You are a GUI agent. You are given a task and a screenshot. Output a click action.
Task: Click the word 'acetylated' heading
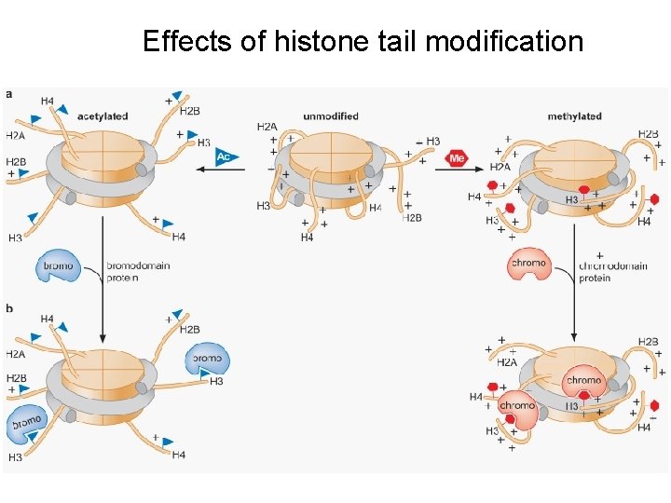pos(103,116)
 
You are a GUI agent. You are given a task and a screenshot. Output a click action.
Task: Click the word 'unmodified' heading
pos(331,116)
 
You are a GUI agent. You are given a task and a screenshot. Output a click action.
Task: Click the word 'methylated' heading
pos(574,116)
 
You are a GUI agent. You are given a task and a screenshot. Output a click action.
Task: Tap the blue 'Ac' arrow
pos(223,156)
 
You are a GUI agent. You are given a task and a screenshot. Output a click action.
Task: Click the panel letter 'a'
pos(9,94)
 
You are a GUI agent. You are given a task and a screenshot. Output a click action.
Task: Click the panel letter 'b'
pos(9,307)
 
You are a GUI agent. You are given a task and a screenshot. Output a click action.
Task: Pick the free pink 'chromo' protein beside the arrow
pos(528,265)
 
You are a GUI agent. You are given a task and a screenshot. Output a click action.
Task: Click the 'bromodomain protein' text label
pos(138,271)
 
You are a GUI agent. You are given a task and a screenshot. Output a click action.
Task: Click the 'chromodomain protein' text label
pos(612,271)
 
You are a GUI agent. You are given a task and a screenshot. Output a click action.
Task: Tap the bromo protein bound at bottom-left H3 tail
pos(27,425)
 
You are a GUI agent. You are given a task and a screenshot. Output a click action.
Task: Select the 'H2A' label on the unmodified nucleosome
pos(267,126)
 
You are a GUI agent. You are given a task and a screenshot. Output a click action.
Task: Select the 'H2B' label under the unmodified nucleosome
pos(412,217)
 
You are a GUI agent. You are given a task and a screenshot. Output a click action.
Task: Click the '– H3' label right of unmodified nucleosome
pos(428,142)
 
